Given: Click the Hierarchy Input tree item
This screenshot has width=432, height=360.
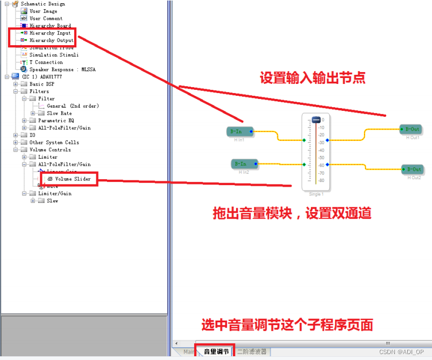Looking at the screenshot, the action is pyautogui.click(x=50, y=33).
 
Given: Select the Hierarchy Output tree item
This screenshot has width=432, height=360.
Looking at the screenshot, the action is pyautogui.click(x=51, y=40).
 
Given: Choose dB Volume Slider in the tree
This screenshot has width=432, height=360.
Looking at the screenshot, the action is pyautogui.click(x=69, y=179).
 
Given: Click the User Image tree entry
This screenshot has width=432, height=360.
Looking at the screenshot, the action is pyautogui.click(x=43, y=11).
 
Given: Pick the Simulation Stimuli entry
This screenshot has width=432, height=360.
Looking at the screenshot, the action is pyautogui.click(x=54, y=55).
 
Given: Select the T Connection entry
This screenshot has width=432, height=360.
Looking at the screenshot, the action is pyautogui.click(x=46, y=62).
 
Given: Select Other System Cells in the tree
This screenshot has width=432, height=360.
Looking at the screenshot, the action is pyautogui.click(x=54, y=143).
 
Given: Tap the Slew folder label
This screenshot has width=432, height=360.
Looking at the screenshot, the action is pyautogui.click(x=52, y=201).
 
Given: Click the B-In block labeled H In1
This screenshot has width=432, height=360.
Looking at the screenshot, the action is pyautogui.click(x=239, y=131).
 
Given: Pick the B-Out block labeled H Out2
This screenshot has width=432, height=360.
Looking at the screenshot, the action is pyautogui.click(x=413, y=170).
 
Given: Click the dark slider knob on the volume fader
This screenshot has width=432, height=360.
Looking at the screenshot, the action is pyautogui.click(x=316, y=119).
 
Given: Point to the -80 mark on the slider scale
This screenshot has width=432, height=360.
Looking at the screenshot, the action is pyautogui.click(x=321, y=180).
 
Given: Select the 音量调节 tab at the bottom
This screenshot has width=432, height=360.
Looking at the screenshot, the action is pyautogui.click(x=216, y=352).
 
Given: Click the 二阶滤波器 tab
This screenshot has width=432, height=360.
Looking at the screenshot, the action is pyautogui.click(x=252, y=352).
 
